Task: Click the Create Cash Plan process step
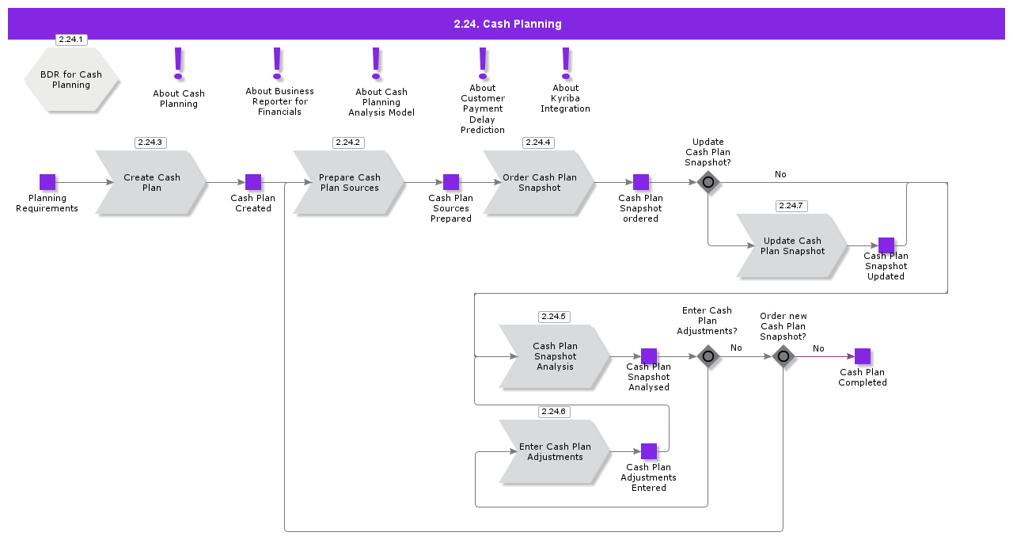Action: [x=150, y=183]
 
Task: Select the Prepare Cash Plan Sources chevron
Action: [x=349, y=183]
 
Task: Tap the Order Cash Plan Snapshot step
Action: [x=538, y=183]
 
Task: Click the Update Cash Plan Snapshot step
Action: [x=791, y=246]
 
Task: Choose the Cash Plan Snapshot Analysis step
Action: [x=554, y=357]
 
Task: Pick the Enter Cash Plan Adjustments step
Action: [x=554, y=452]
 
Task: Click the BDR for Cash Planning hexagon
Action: [x=71, y=80]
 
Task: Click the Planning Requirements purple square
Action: [x=47, y=182]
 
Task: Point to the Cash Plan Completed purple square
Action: [x=863, y=356]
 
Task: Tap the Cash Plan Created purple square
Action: [x=253, y=182]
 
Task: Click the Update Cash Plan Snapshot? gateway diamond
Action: [x=708, y=182]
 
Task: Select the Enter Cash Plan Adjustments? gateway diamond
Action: [x=708, y=356]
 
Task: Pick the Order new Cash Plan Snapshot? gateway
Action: [x=783, y=356]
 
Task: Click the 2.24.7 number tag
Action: [x=791, y=206]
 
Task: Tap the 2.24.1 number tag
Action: [x=71, y=40]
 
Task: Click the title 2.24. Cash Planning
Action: [x=507, y=24]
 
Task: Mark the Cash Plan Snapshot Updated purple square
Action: [x=886, y=245]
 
